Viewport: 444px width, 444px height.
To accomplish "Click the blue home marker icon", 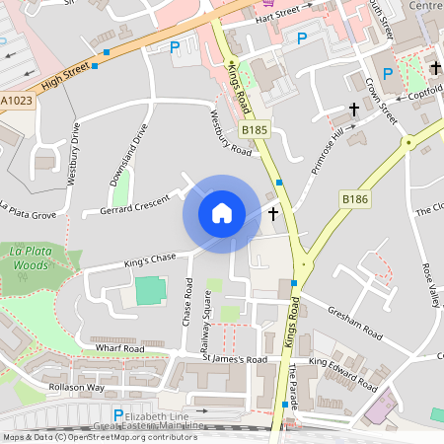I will pos(222,212).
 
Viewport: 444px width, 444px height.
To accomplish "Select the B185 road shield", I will pos(255,130).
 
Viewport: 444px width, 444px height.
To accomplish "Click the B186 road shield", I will pos(354,199).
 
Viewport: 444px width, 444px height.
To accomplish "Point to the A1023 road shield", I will pos(15,101).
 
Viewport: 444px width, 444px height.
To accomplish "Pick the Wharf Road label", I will pos(119,348).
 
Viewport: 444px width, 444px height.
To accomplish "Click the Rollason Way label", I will pos(77,388).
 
